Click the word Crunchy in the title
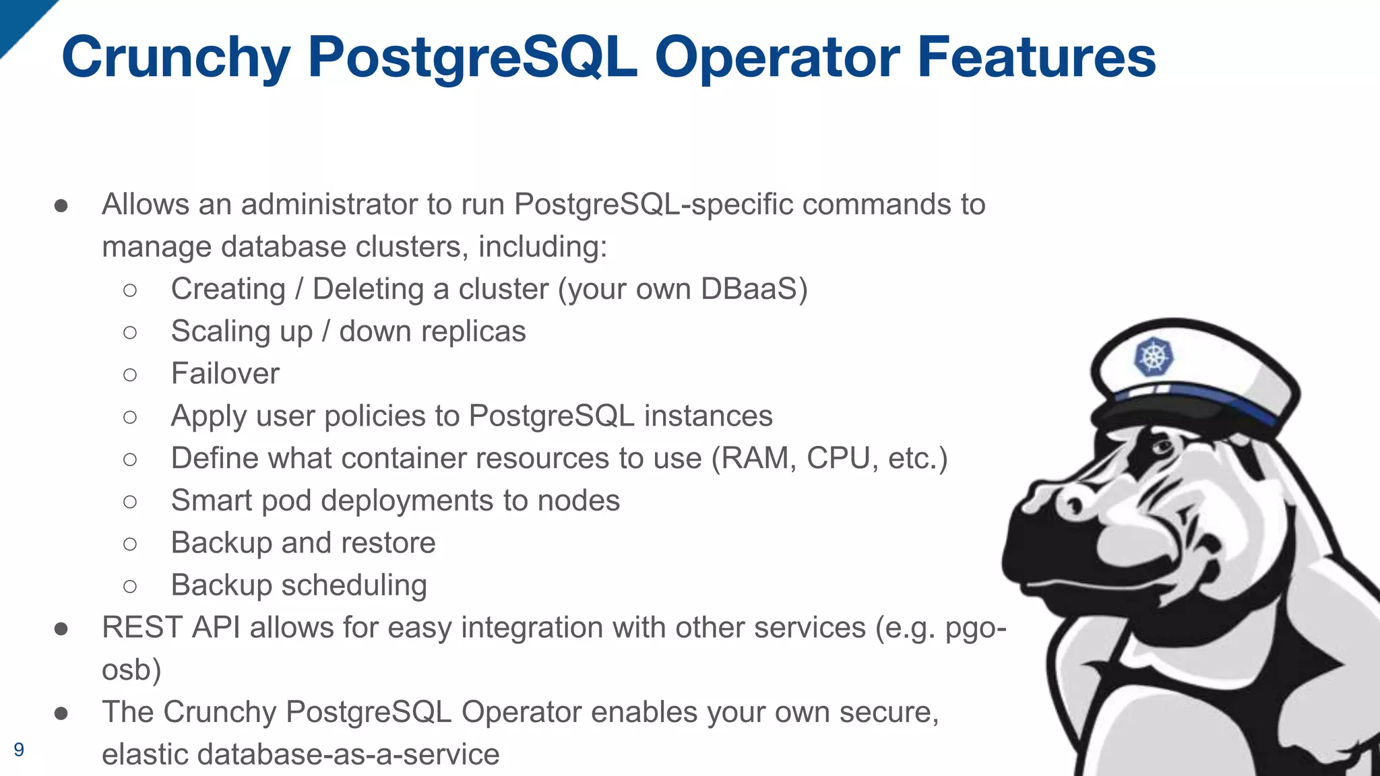177,58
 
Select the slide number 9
19,749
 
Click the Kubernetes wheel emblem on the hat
1154,356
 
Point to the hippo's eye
1161,447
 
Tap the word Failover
225,374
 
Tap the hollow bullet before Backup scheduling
130,586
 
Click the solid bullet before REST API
61,628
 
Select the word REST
142,628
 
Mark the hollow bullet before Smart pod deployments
130,501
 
